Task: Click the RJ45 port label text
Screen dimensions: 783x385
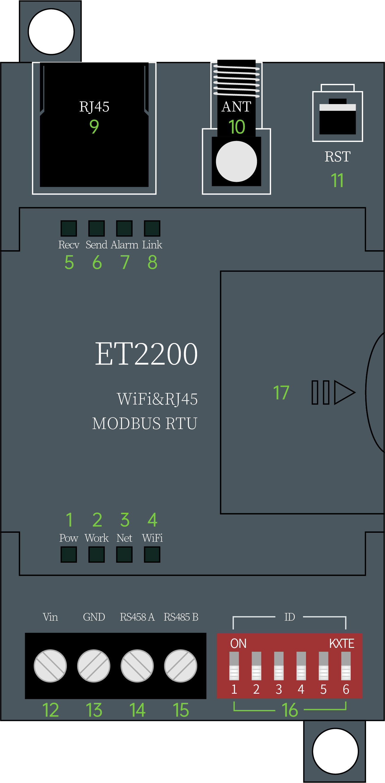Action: [x=94, y=107]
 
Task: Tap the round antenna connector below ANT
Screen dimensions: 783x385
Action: [x=236, y=161]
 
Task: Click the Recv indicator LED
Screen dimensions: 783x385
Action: [x=69, y=228]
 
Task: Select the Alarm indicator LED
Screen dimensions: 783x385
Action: [x=124, y=228]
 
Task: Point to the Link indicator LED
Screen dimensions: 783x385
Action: [x=152, y=228]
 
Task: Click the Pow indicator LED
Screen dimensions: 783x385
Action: [x=69, y=554]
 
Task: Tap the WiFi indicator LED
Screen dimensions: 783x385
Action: [x=152, y=554]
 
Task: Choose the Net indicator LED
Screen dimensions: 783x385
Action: [x=124, y=554]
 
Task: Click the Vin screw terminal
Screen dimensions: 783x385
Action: [x=50, y=666]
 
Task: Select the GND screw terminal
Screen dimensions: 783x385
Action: [x=94, y=666]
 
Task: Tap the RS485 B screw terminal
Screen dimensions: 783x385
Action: [x=181, y=666]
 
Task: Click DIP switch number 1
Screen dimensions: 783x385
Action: [x=234, y=666]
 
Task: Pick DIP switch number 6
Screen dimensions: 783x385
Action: [x=346, y=666]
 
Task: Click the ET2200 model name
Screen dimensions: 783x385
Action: [x=146, y=354]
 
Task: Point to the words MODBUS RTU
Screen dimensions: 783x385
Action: [x=145, y=423]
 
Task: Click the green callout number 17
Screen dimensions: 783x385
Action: [x=281, y=392]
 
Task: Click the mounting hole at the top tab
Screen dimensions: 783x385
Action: [x=51, y=32]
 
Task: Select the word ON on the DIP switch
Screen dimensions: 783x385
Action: [x=239, y=643]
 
